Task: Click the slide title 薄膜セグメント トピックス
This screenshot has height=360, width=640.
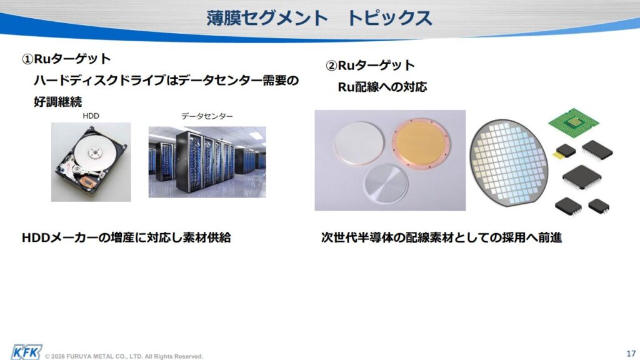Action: (x=319, y=18)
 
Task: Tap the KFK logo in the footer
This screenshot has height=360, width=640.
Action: (x=26, y=352)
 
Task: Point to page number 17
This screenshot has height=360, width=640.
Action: (x=631, y=354)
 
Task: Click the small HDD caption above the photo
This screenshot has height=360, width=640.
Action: (x=91, y=116)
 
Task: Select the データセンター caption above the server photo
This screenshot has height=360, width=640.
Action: (x=207, y=116)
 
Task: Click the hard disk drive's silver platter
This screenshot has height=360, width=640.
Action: (x=95, y=152)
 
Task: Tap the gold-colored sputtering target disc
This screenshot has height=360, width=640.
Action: (x=421, y=143)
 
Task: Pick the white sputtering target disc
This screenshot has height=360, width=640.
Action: (x=359, y=143)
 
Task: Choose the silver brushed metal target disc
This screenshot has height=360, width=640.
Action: (x=386, y=184)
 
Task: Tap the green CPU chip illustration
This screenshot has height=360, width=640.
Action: (x=573, y=122)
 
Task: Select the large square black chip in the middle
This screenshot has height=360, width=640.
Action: (x=582, y=177)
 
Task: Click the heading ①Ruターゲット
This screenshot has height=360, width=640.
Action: (x=66, y=59)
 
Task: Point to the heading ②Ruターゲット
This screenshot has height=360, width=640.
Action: (x=370, y=65)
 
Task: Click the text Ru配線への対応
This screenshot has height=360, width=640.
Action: (x=382, y=86)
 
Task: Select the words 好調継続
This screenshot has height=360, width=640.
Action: (x=58, y=101)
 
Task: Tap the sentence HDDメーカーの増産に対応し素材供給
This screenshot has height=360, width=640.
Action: (x=126, y=237)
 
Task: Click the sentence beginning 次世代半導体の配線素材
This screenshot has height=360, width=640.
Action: (x=442, y=237)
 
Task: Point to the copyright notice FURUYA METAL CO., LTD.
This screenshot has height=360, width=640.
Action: (x=124, y=356)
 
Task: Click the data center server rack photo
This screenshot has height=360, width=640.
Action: (x=207, y=162)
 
